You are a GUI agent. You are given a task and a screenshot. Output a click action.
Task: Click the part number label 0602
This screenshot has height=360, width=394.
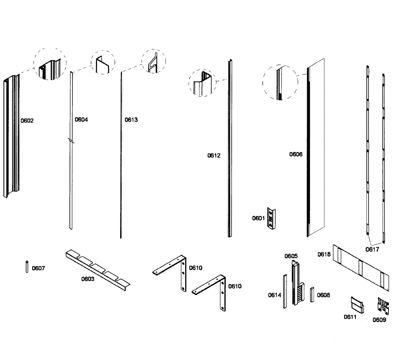[27, 121]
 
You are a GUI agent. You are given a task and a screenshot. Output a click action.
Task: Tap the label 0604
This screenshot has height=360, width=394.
[81, 119]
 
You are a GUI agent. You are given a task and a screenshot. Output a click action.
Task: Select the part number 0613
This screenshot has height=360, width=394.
[131, 120]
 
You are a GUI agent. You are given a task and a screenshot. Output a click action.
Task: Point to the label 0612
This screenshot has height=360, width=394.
[214, 156]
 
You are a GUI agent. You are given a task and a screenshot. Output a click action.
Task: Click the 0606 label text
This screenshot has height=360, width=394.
[295, 154]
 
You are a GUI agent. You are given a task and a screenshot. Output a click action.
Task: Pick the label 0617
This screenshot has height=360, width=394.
[372, 249]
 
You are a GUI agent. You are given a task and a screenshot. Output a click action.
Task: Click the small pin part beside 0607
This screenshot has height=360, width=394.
[27, 266]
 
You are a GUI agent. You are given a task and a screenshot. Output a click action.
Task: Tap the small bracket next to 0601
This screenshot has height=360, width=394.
[271, 218]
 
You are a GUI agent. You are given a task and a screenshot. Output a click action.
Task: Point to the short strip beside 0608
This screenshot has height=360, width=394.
[312, 294]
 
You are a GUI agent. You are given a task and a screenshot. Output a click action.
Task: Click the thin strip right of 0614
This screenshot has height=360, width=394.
[285, 291]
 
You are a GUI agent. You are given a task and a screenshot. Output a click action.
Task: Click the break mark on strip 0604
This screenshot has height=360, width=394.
[71, 141]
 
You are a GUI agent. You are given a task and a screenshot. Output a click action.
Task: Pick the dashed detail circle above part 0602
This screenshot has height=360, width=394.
[50, 65]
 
